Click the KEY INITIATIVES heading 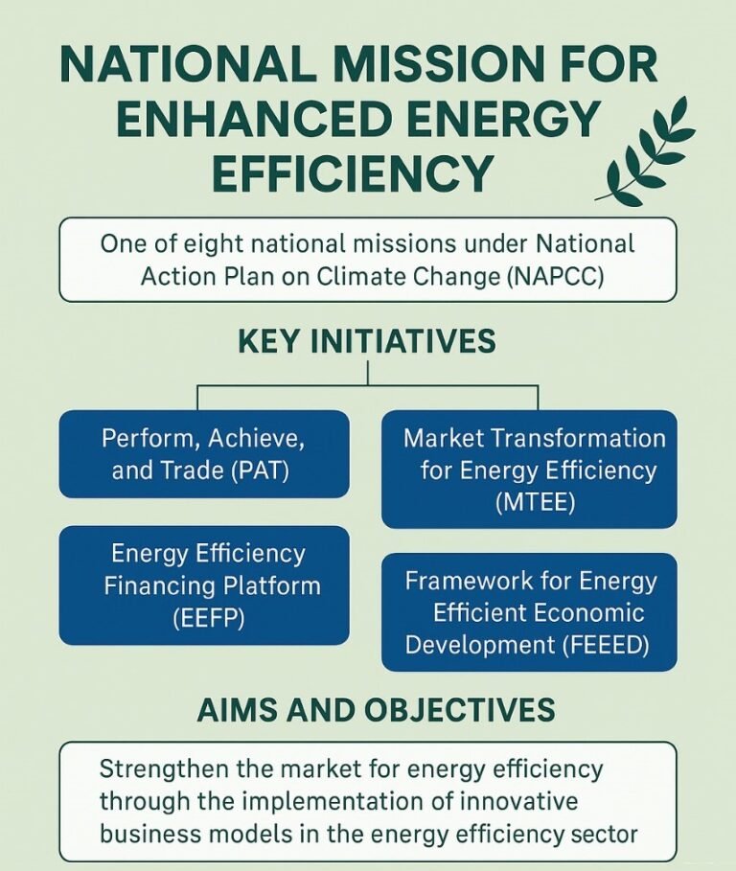367,342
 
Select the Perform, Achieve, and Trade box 203,454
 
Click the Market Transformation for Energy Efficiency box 529,470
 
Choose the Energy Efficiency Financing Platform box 203,584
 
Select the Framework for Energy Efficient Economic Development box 529,612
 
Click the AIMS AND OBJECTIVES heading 376,710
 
